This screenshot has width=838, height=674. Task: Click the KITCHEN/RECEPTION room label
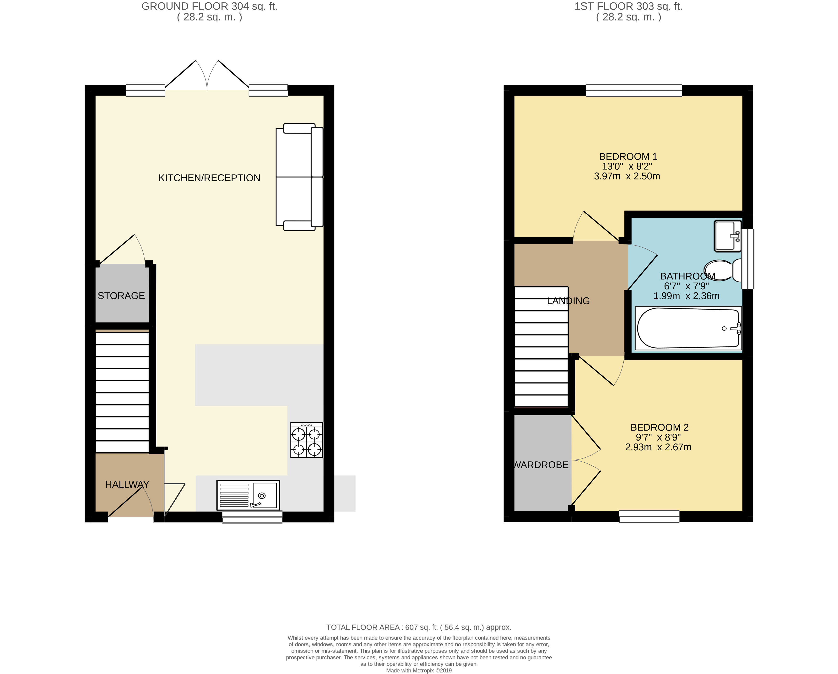(x=209, y=178)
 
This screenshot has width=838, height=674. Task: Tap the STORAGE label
(x=121, y=296)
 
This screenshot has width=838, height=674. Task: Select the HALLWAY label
(x=127, y=484)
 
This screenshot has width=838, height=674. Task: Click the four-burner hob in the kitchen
(x=307, y=440)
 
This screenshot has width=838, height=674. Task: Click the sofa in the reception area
(x=299, y=177)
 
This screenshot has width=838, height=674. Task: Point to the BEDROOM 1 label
(x=628, y=157)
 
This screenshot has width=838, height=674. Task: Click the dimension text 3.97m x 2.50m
(x=627, y=176)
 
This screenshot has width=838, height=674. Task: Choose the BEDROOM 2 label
(x=660, y=428)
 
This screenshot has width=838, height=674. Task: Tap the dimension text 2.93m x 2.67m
(x=658, y=447)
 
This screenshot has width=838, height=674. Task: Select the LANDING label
(x=568, y=301)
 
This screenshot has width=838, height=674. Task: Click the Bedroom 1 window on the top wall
(x=634, y=90)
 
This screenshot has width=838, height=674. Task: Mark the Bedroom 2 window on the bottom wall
(x=649, y=517)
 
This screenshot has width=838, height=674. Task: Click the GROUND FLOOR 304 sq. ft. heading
(x=210, y=6)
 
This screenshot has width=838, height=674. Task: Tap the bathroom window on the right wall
(x=748, y=259)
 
